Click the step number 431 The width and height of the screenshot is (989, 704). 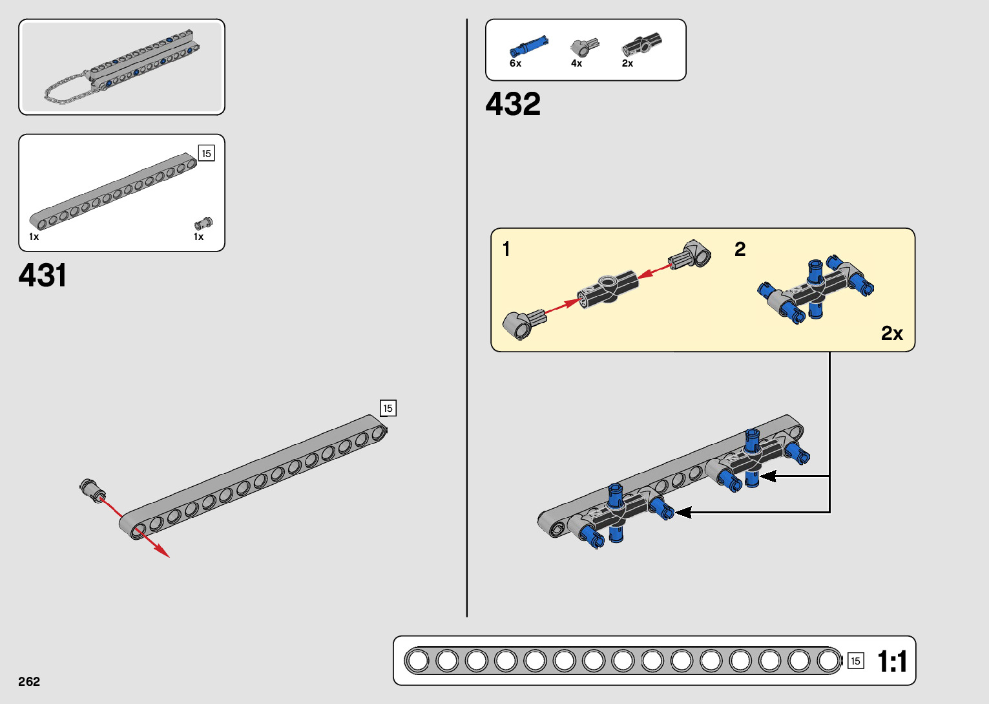pyautogui.click(x=43, y=275)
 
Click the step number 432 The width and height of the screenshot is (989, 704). pyautogui.click(x=513, y=104)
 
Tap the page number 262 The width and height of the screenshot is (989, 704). pyautogui.click(x=29, y=681)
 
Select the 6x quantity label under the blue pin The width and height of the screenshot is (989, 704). pyautogui.click(x=515, y=63)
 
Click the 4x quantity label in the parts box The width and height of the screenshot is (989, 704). pyautogui.click(x=576, y=63)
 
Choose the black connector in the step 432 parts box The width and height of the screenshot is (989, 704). pyautogui.click(x=641, y=45)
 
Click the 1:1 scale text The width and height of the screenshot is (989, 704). pyautogui.click(x=892, y=661)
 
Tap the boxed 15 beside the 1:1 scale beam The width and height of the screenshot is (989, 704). pyautogui.click(x=855, y=661)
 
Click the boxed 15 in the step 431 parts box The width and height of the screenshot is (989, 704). pyautogui.click(x=206, y=153)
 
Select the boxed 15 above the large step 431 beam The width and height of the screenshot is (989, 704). pyautogui.click(x=388, y=408)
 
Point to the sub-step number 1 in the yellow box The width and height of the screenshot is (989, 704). pyautogui.click(x=506, y=249)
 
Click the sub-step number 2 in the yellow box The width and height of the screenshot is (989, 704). pyautogui.click(x=740, y=249)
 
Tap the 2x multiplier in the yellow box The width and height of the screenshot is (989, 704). pyautogui.click(x=891, y=333)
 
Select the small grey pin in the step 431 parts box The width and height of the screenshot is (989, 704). pyautogui.click(x=203, y=224)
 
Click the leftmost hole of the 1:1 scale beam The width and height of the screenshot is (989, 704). pyautogui.click(x=418, y=661)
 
